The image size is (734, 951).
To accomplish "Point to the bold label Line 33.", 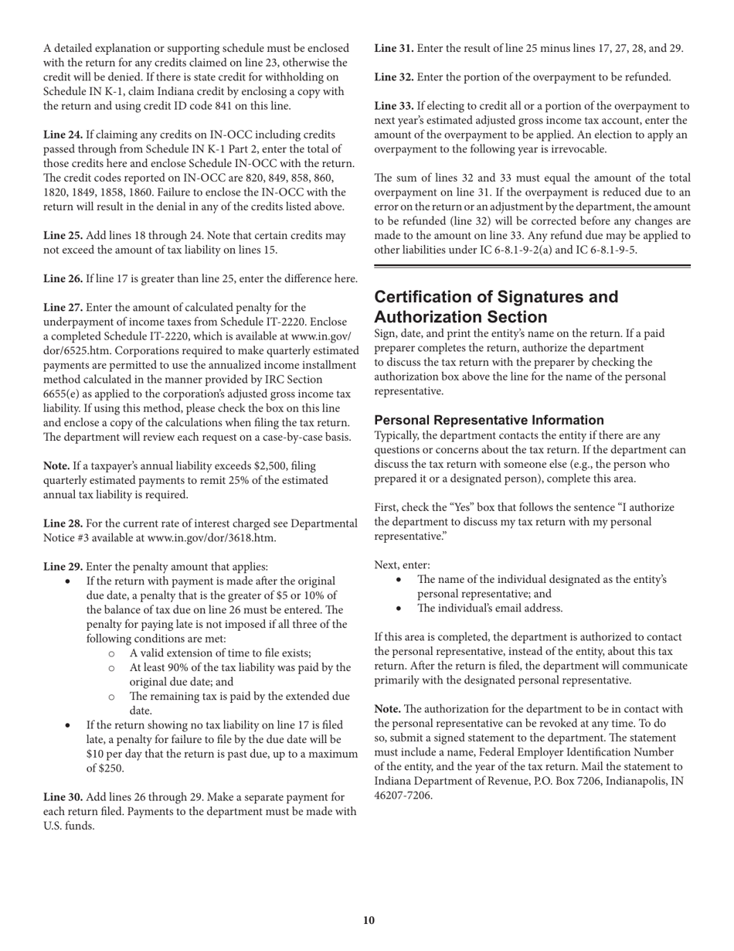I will click(x=394, y=105).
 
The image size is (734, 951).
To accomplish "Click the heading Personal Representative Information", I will click(x=488, y=420).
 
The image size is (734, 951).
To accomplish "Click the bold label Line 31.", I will click(x=394, y=48).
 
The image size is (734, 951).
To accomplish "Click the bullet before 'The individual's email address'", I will click(x=399, y=608).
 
